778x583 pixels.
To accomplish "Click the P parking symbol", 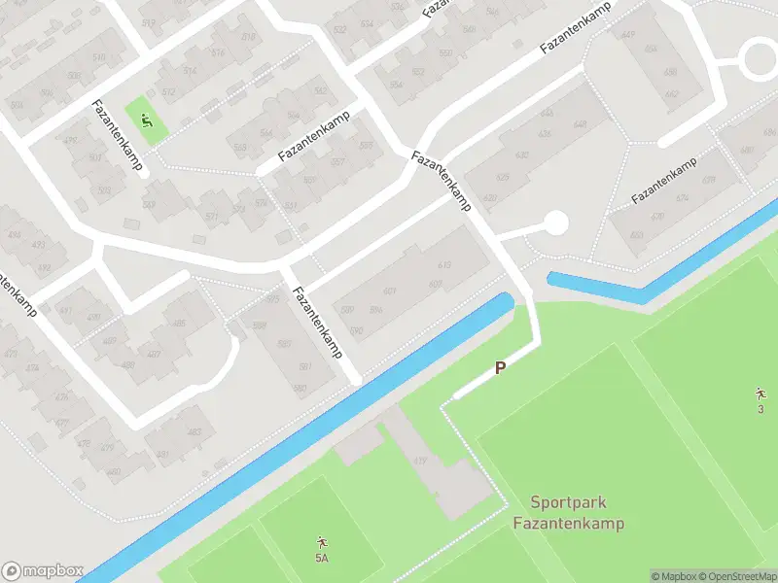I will click(x=501, y=368).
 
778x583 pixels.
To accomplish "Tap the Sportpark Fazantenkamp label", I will click(x=568, y=513).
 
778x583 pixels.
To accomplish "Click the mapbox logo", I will click(x=43, y=570).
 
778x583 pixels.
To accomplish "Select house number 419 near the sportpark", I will click(x=420, y=461).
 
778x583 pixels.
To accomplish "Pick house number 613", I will click(x=445, y=264).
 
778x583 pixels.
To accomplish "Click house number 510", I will click(x=98, y=58).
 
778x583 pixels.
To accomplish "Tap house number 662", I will click(x=671, y=94).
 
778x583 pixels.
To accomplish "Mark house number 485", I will click(x=179, y=324).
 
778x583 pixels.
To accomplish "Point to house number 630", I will click(x=522, y=155).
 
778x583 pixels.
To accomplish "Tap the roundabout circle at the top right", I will click(x=760, y=60).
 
